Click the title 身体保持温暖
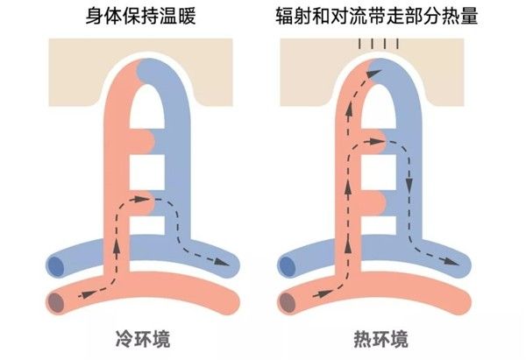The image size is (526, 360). click(x=141, y=16)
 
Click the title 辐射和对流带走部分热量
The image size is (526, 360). click(x=377, y=16)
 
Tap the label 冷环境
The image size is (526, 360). click(x=143, y=339)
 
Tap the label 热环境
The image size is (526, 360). click(x=381, y=339)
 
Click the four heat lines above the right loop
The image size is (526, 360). click(x=379, y=44)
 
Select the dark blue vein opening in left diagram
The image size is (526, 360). click(x=56, y=266)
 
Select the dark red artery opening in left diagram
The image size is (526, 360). click(x=56, y=303)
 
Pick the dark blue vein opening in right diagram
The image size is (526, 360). click(x=288, y=266)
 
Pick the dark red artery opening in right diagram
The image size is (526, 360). click(x=288, y=303)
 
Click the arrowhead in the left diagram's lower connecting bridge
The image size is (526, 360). click(x=137, y=200)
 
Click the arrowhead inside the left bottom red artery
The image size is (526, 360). click(x=88, y=294)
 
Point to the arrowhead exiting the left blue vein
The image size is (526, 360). click(x=222, y=261)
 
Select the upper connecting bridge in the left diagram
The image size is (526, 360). click(x=142, y=141)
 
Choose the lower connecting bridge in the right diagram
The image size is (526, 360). click(x=374, y=204)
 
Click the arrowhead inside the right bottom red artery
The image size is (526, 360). click(x=321, y=294)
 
